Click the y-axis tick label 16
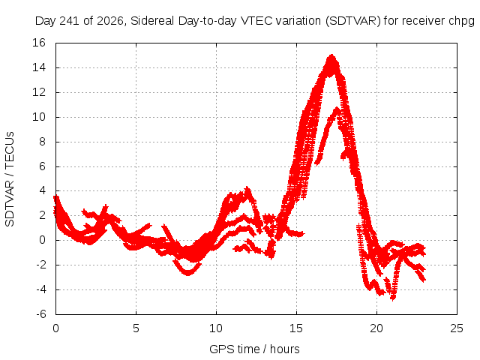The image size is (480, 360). pos(39,43)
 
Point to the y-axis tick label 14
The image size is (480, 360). pos(39,67)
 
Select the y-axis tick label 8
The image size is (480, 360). pos(42,142)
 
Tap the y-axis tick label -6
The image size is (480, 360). pos(41,314)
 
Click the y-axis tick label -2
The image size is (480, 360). pos(41,265)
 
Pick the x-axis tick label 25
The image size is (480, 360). pos(457,328)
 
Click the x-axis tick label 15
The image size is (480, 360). pos(296,328)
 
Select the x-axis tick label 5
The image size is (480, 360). pos(136,328)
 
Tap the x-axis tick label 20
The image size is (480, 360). pos(376,328)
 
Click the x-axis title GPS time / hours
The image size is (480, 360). pos(254,349)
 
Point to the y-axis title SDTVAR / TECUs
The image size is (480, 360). pos(10,179)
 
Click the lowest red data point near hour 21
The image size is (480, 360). pos(393,299)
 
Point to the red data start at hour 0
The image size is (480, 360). pos(55,198)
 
